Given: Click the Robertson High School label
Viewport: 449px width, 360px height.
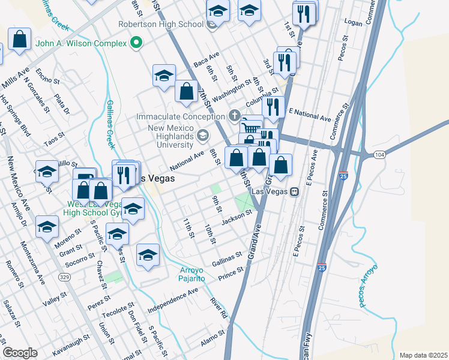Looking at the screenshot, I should coord(161,25).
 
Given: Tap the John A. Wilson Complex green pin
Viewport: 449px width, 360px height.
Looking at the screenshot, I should coord(136,43).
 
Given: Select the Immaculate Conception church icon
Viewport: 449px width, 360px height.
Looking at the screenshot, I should coord(235,116).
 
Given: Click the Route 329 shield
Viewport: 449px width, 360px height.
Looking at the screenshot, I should coord(63,277).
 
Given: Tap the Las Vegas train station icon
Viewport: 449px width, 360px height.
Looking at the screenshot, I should coord(295,191).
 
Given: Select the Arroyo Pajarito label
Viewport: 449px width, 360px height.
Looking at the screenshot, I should coord(193,274).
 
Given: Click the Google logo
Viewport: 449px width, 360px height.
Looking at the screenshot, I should coord(20,353).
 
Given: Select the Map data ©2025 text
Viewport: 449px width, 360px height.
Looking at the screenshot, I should coord(423,355).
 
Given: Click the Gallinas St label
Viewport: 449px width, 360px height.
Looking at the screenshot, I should coord(228,259).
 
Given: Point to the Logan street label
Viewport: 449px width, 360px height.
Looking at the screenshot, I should coord(355,22).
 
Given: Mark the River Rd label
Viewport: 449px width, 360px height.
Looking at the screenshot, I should coord(219,307).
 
